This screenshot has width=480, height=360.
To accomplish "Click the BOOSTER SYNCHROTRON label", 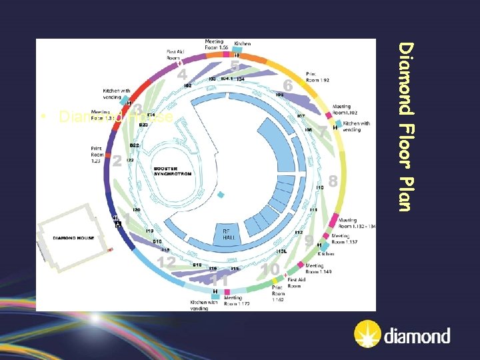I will pos(172,171).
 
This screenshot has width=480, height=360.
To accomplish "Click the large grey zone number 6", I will pos(287,86).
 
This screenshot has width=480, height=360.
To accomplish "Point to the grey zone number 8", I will pos(333,181).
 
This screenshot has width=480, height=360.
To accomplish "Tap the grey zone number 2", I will pos(117,161).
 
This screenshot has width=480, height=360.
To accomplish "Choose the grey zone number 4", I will pos(182,75).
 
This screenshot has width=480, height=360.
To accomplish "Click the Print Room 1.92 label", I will pos(317,77).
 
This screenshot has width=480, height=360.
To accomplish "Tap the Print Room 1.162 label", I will pos(278,295).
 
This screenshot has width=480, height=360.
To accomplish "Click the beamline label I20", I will pos(136,210).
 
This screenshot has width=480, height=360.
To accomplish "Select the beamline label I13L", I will pos(281,251).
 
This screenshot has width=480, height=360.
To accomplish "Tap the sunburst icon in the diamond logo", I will pos(366,335).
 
